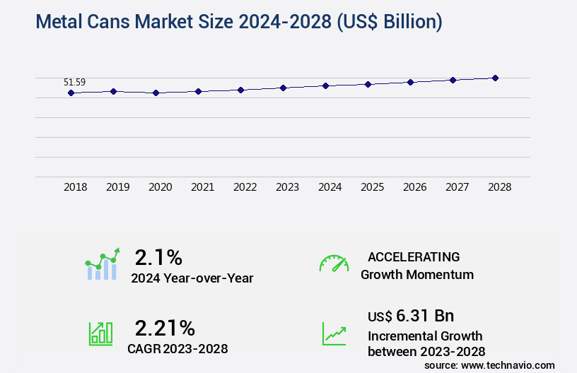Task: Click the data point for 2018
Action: point(71,93)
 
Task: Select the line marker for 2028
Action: point(495,78)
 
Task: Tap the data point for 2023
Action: point(283,88)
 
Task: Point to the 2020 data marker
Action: point(156,93)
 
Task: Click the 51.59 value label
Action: point(74,82)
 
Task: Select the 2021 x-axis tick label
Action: point(202,187)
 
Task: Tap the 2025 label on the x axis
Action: point(372,187)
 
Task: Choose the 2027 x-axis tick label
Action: point(457,187)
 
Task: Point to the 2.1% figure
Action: point(158,257)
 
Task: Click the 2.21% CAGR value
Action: point(165,328)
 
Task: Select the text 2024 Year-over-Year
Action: point(192,278)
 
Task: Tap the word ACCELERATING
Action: point(414,257)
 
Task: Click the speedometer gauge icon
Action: point(334,264)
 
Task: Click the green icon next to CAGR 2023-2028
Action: point(100,333)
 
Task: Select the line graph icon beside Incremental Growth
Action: point(334,333)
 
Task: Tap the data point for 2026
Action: point(410,82)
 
